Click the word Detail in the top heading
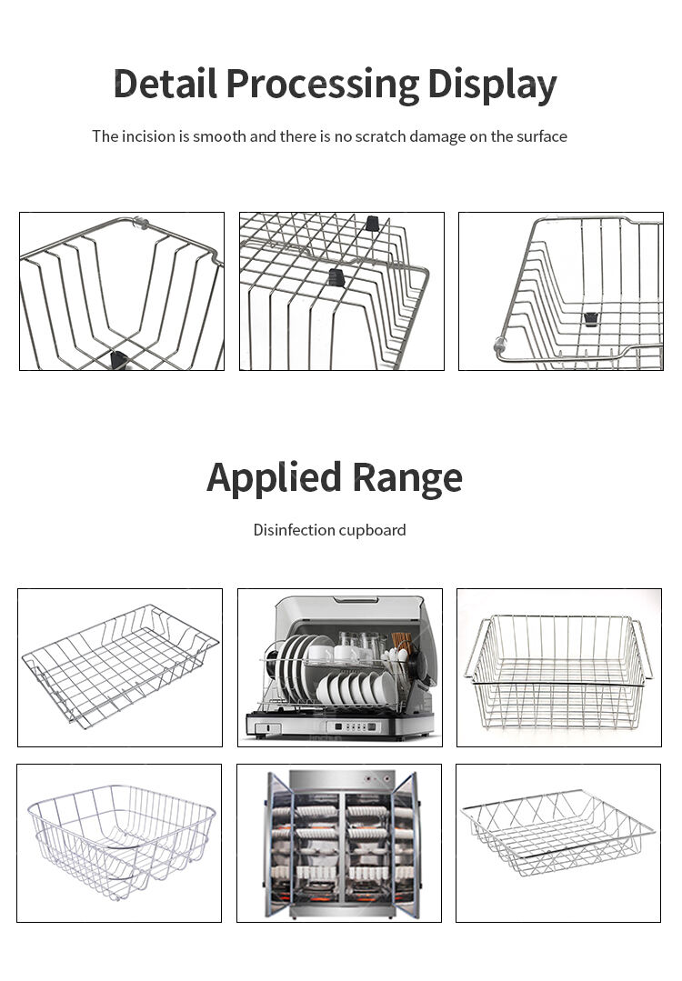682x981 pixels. [165, 83]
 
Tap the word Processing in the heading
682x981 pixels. [323, 85]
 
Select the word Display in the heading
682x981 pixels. [493, 85]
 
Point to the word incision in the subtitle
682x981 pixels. [149, 136]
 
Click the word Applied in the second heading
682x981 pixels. [274, 478]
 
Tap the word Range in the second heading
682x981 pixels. [407, 478]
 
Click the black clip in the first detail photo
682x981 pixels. [118, 360]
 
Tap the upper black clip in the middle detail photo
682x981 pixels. [372, 224]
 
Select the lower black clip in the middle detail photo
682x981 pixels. [336, 277]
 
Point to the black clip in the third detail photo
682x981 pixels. [590, 318]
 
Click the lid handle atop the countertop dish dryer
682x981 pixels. [356, 599]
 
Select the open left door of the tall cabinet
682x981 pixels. [280, 844]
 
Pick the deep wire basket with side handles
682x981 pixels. [558, 673]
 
